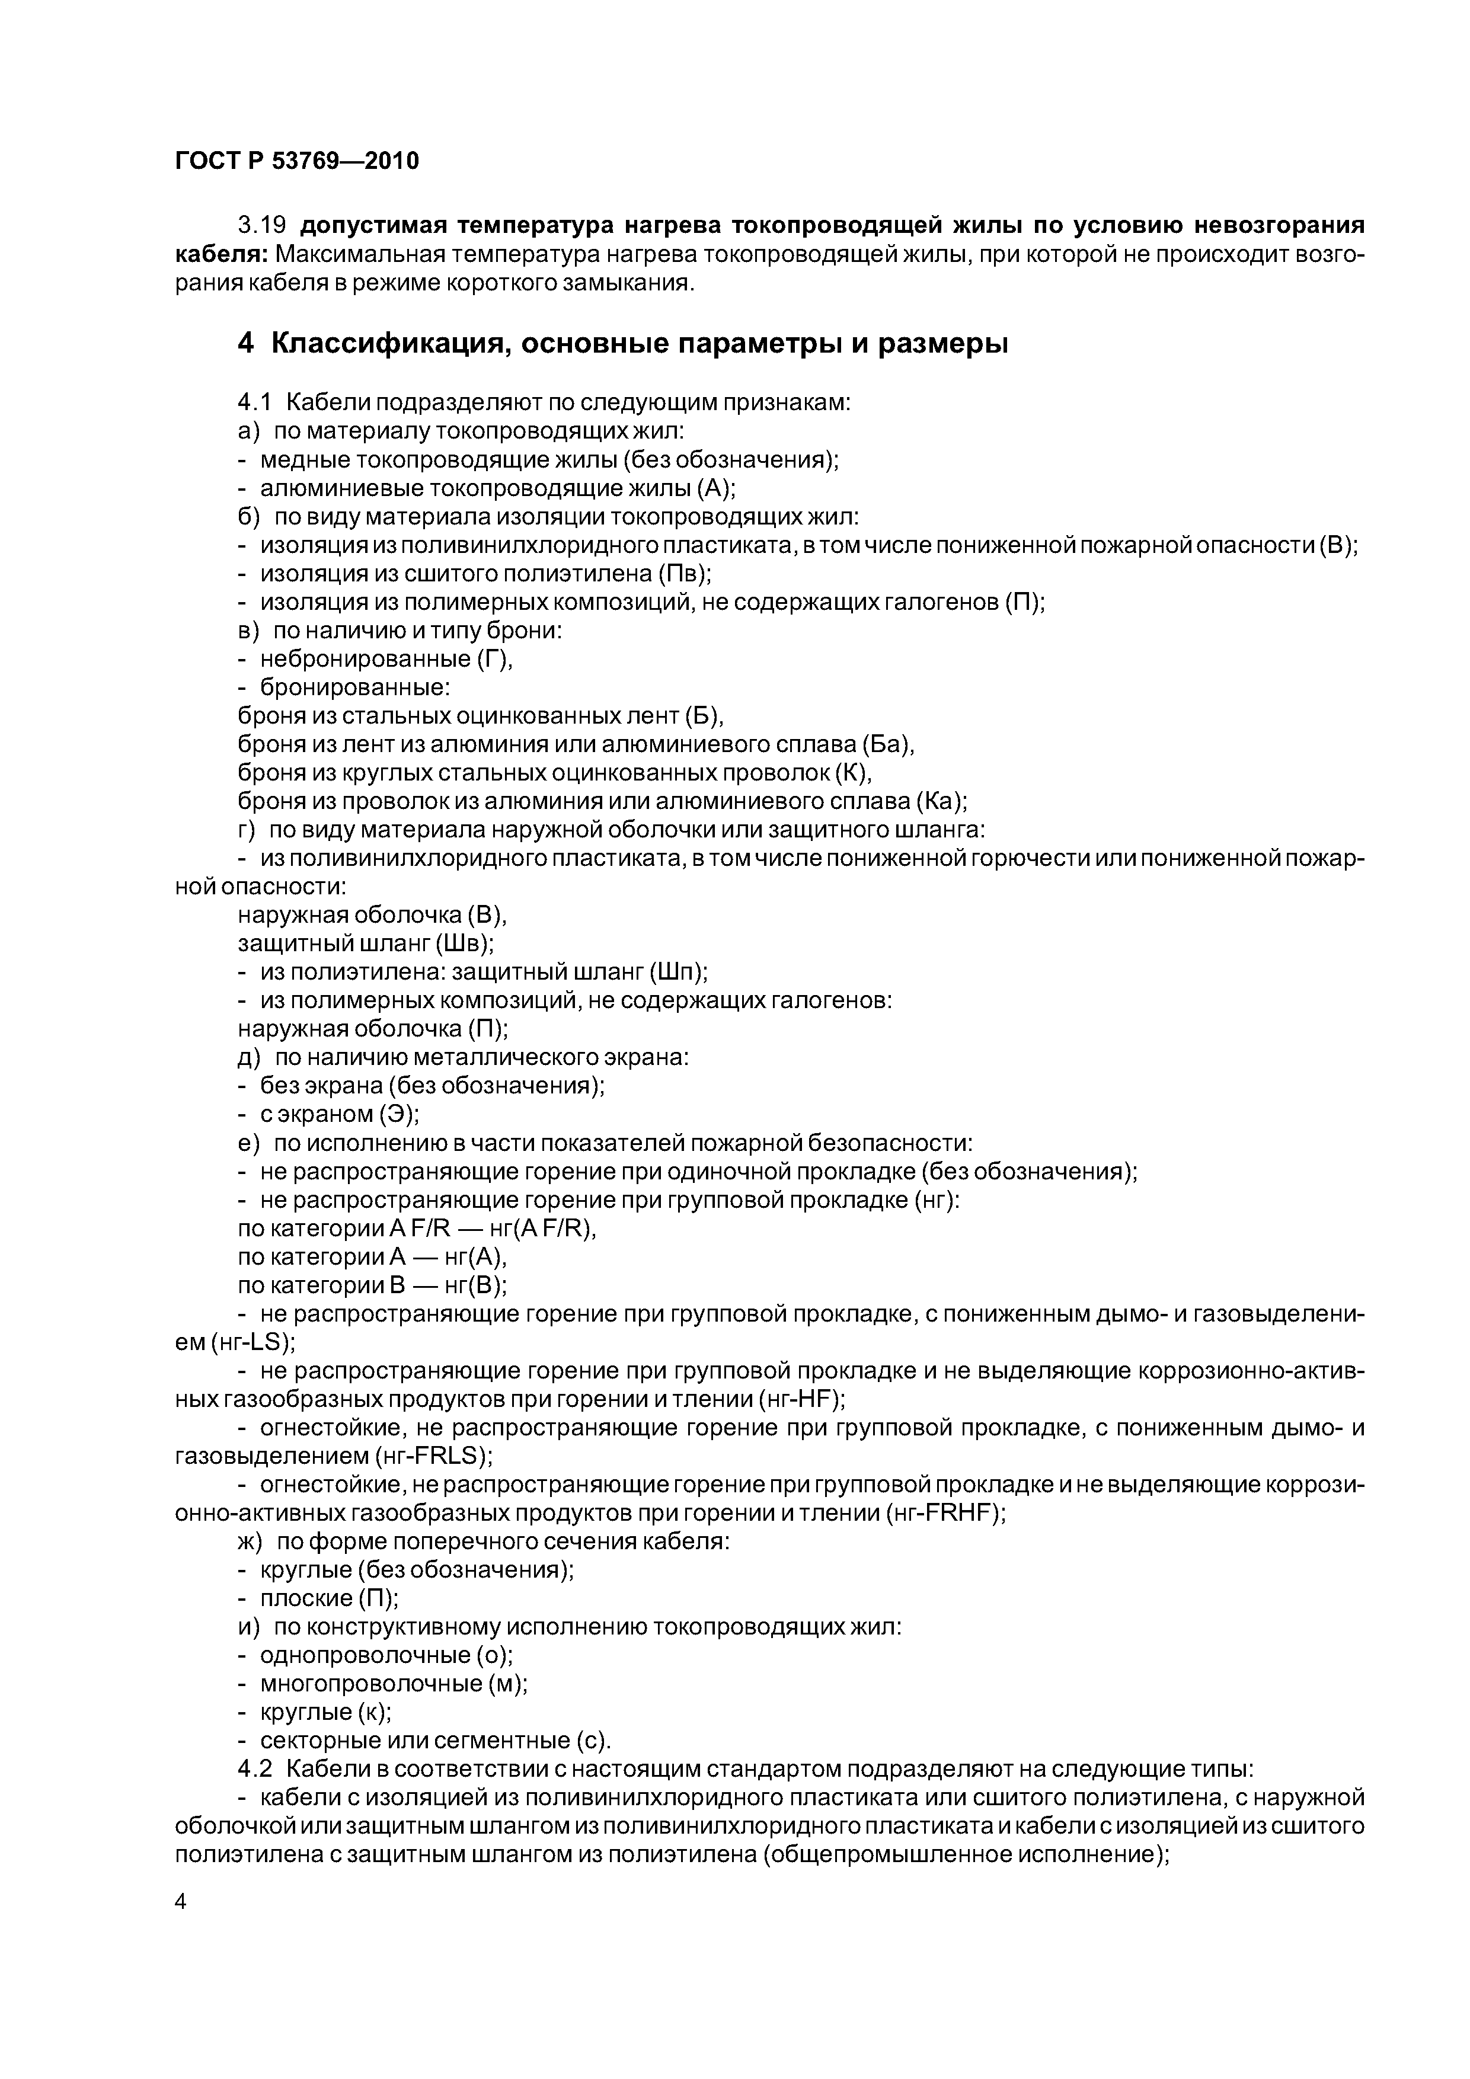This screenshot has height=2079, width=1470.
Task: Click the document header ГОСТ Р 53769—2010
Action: point(297,161)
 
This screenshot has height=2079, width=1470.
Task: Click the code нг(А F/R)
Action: point(544,1229)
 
